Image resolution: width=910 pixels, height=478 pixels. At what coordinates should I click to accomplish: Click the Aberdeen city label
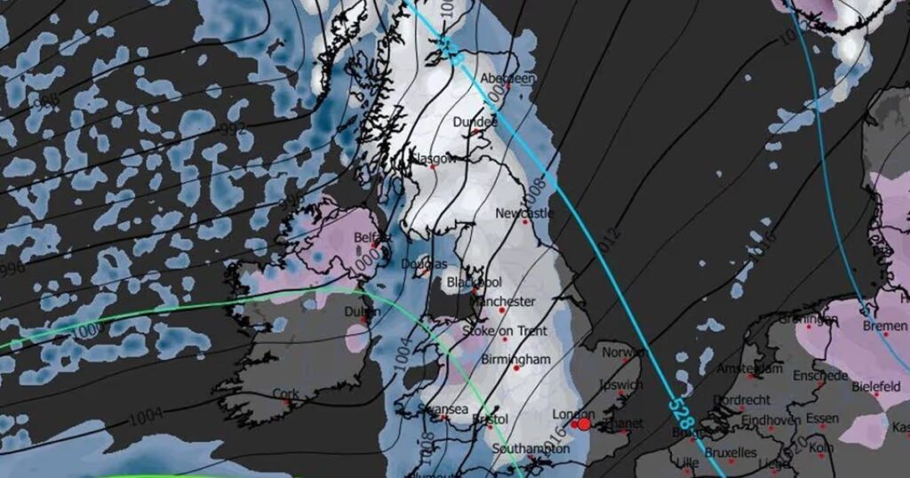click(508, 79)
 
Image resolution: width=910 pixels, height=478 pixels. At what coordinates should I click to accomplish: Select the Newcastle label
click(523, 213)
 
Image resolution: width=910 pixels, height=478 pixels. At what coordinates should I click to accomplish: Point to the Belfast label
click(372, 237)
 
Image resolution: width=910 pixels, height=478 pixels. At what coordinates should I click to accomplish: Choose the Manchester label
click(504, 302)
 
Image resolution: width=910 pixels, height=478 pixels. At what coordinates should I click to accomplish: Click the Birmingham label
click(515, 360)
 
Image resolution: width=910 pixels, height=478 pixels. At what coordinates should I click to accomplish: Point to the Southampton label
click(530, 450)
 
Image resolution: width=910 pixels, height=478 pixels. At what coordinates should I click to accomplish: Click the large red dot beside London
click(584, 425)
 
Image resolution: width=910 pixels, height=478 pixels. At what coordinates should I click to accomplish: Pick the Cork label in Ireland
click(286, 394)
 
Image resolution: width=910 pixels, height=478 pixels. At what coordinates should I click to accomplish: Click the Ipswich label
click(621, 386)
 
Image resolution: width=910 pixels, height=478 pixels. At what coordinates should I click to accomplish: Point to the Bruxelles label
click(731, 453)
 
